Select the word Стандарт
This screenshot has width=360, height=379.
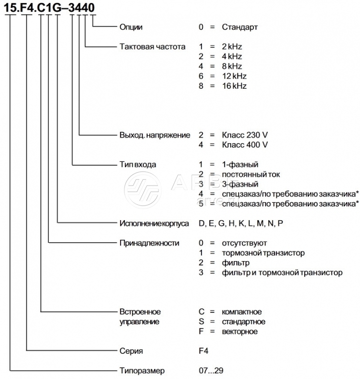(x=240, y=27)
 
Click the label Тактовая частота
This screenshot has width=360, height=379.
(x=152, y=47)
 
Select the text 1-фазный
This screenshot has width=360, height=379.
(x=240, y=164)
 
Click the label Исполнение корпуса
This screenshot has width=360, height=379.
(x=154, y=223)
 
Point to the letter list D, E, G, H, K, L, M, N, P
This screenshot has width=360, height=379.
(x=241, y=223)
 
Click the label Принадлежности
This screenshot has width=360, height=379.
(x=149, y=243)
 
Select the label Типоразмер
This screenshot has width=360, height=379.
(x=142, y=370)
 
